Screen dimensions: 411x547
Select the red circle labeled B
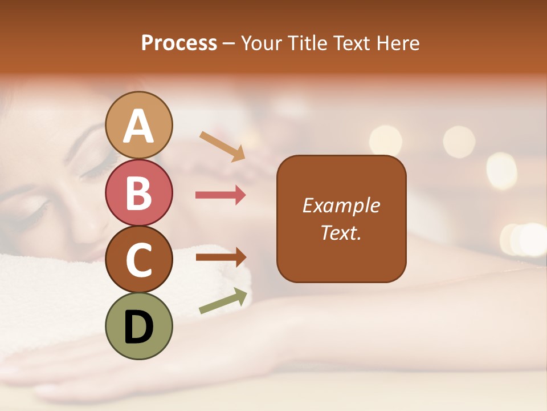(x=139, y=192)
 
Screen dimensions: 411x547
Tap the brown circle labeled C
(x=139, y=260)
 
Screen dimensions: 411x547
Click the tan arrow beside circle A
(x=223, y=146)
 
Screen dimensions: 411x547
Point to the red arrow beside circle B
(x=221, y=195)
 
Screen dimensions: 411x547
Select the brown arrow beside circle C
(x=221, y=257)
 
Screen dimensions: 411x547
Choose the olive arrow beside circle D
(x=223, y=301)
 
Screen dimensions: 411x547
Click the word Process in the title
(x=179, y=43)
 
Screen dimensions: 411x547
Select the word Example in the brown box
(x=341, y=205)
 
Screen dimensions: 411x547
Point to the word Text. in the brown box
(x=341, y=232)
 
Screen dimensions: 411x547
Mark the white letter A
(x=139, y=126)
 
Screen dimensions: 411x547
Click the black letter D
(x=139, y=327)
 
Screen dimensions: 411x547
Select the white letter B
(x=139, y=193)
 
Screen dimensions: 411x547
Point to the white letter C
(x=139, y=260)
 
